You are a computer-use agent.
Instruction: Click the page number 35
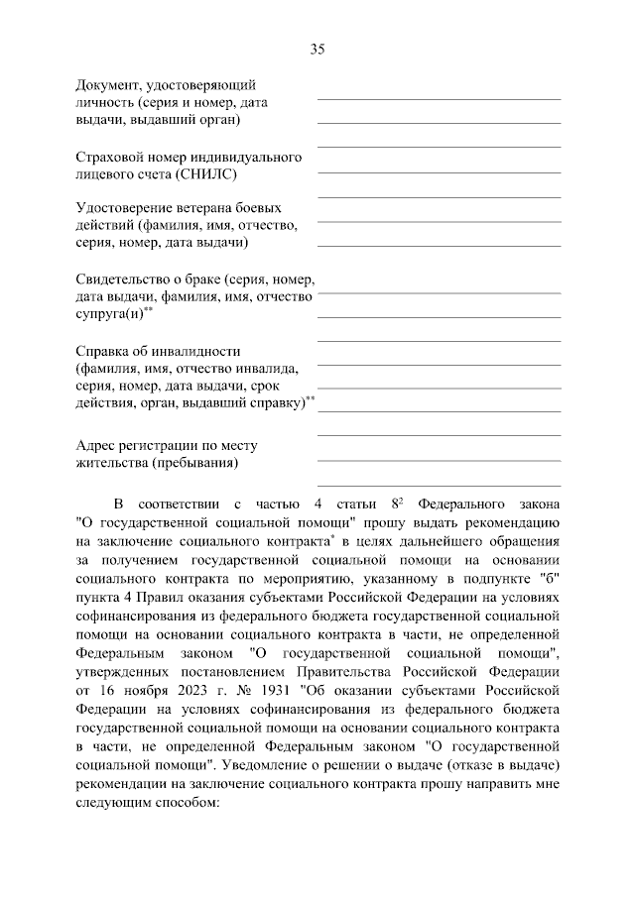(x=317, y=49)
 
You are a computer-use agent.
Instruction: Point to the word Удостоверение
(x=125, y=208)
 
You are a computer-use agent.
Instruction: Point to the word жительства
(x=112, y=463)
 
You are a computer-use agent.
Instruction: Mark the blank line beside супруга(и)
(x=438, y=316)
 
